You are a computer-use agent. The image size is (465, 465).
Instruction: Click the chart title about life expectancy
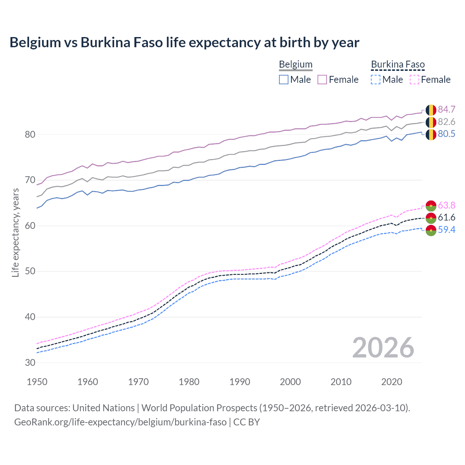click(184, 43)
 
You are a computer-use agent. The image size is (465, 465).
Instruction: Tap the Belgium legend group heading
click(295, 65)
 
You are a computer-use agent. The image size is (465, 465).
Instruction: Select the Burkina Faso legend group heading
click(398, 65)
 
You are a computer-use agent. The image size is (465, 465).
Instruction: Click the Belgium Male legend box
click(284, 80)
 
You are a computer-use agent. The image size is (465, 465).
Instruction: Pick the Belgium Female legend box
click(322, 80)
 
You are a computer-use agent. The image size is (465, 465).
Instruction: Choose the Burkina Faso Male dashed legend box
click(376, 80)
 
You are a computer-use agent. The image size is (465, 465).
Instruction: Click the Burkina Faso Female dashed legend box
click(415, 80)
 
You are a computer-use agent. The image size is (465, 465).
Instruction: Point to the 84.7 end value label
click(446, 110)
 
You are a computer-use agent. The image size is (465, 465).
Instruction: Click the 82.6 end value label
click(446, 122)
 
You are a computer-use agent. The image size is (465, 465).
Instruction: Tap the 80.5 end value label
click(446, 134)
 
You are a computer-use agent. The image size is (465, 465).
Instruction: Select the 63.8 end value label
click(446, 206)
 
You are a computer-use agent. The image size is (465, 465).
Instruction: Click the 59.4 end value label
click(446, 230)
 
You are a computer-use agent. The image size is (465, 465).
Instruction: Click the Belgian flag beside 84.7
click(431, 110)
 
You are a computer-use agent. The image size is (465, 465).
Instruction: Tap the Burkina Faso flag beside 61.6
click(431, 218)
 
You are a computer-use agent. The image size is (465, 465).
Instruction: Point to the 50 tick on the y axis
click(30, 271)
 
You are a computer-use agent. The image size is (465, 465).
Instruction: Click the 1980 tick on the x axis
click(189, 382)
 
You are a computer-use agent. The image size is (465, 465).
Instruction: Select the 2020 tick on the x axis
click(392, 382)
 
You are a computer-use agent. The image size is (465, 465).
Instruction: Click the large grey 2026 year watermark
click(383, 348)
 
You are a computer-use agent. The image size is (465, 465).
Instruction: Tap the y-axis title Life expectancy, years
click(15, 232)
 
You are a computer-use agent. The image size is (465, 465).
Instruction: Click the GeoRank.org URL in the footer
click(120, 422)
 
